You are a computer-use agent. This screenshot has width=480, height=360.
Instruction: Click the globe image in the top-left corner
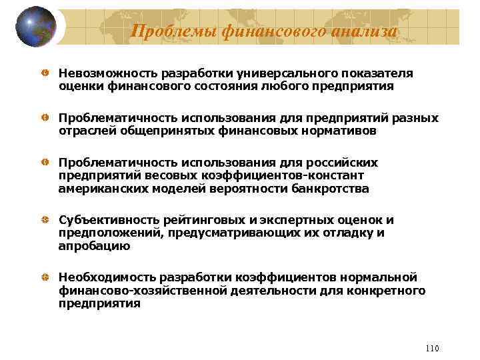click(x=34, y=26)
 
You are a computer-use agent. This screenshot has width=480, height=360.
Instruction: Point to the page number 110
click(x=431, y=349)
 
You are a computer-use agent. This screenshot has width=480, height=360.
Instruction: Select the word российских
click(x=341, y=163)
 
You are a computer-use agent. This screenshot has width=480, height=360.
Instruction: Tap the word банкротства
click(x=329, y=188)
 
